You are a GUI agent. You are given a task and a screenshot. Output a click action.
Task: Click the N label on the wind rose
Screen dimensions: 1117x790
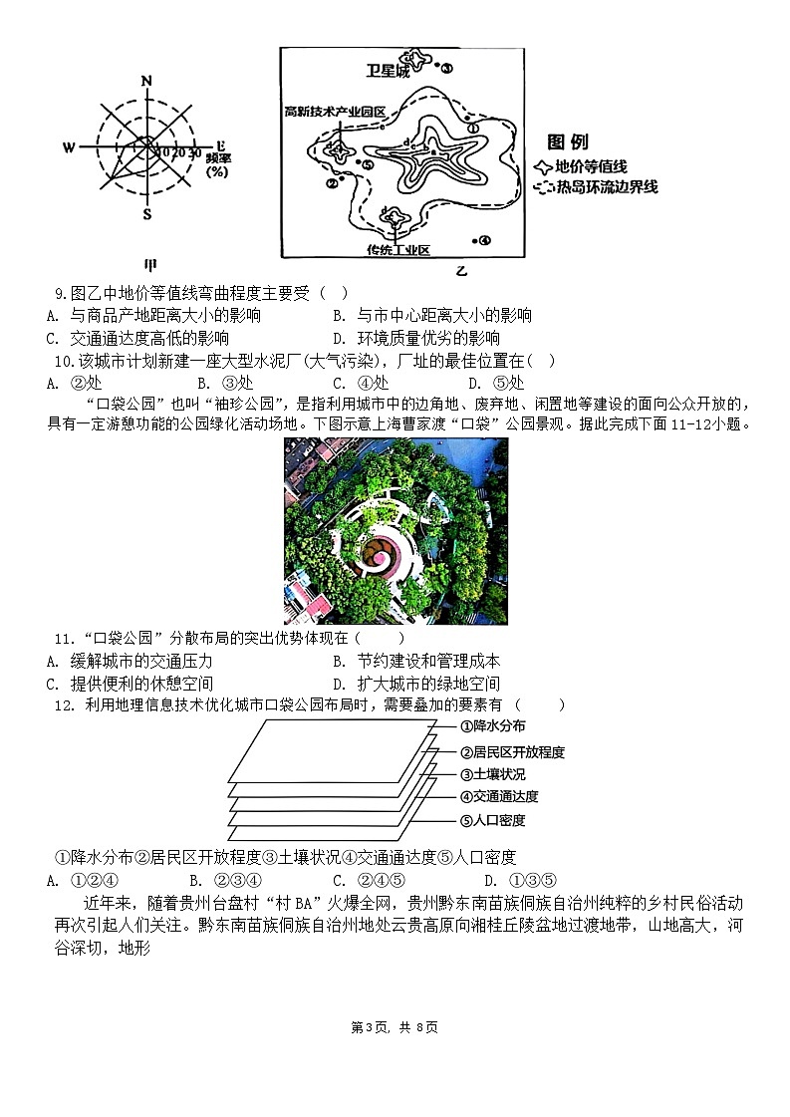point(146,81)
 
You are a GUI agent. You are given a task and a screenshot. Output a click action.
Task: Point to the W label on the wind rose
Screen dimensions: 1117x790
point(70,148)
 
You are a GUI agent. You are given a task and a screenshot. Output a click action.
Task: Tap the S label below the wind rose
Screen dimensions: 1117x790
point(146,214)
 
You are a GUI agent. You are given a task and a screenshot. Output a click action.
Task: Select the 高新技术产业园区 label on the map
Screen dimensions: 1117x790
point(334,112)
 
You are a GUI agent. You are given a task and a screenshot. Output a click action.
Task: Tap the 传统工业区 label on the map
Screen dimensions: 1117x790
point(396,249)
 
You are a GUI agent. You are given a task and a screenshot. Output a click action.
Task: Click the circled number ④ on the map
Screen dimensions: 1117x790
point(483,240)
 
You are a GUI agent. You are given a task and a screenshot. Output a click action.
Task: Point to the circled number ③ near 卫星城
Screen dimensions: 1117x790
point(445,68)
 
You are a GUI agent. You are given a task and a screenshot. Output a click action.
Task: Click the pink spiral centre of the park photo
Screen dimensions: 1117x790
point(382,550)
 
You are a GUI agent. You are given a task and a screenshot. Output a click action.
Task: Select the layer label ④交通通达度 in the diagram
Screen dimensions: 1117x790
point(499,796)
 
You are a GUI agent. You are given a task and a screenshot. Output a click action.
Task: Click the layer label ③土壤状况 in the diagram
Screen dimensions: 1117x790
point(492,773)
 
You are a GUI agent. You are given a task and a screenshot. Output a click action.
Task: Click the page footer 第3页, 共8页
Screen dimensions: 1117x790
point(395,1027)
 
